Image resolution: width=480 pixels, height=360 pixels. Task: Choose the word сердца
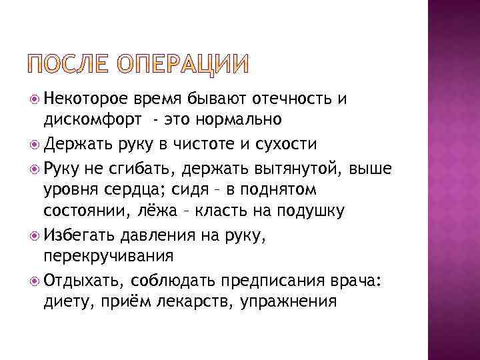point(132,190)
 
